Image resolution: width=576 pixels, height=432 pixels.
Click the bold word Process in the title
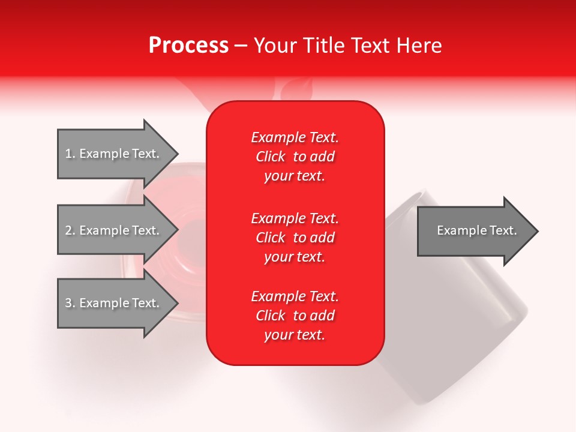pos(188,46)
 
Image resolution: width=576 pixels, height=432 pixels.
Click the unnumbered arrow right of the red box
pos(474,231)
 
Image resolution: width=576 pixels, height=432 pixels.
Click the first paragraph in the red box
pos(295,157)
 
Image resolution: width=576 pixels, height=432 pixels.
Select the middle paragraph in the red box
pos(295,238)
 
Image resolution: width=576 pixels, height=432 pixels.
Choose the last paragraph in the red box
pos(295,316)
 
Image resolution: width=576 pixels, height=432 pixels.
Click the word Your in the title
pos(274,46)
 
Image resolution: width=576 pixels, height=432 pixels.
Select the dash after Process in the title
pos(241,46)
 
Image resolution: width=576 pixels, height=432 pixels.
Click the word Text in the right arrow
pos(503,230)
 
